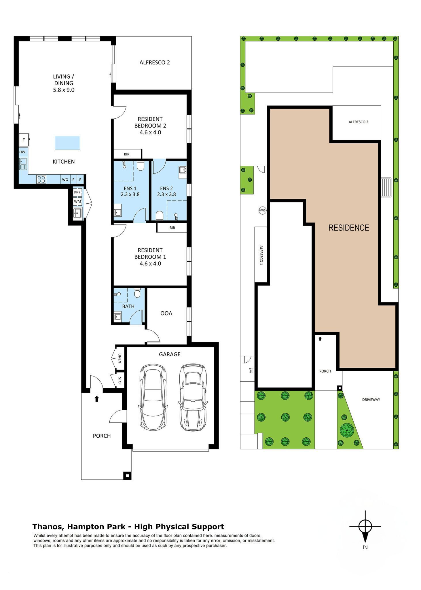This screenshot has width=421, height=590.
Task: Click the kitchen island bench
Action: (x=67, y=143)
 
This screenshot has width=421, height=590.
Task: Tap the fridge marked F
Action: (x=24, y=140)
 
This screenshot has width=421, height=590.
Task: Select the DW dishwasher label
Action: (x=22, y=152)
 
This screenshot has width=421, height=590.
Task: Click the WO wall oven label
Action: (x=65, y=180)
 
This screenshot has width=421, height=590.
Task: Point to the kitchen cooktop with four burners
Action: (x=41, y=179)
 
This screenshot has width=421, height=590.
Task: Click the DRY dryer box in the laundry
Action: (x=77, y=192)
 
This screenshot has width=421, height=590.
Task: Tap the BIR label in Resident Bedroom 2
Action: (x=127, y=154)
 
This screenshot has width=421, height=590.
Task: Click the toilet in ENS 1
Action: (x=140, y=166)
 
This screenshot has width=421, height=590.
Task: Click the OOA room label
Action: (x=166, y=313)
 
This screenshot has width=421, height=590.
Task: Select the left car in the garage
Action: (x=153, y=398)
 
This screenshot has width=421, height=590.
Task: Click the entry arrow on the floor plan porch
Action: (x=97, y=399)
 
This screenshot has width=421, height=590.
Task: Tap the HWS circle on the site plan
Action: (x=262, y=210)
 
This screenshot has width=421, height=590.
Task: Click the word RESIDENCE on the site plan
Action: (x=349, y=228)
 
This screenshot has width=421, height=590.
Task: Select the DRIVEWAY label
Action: (x=371, y=400)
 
